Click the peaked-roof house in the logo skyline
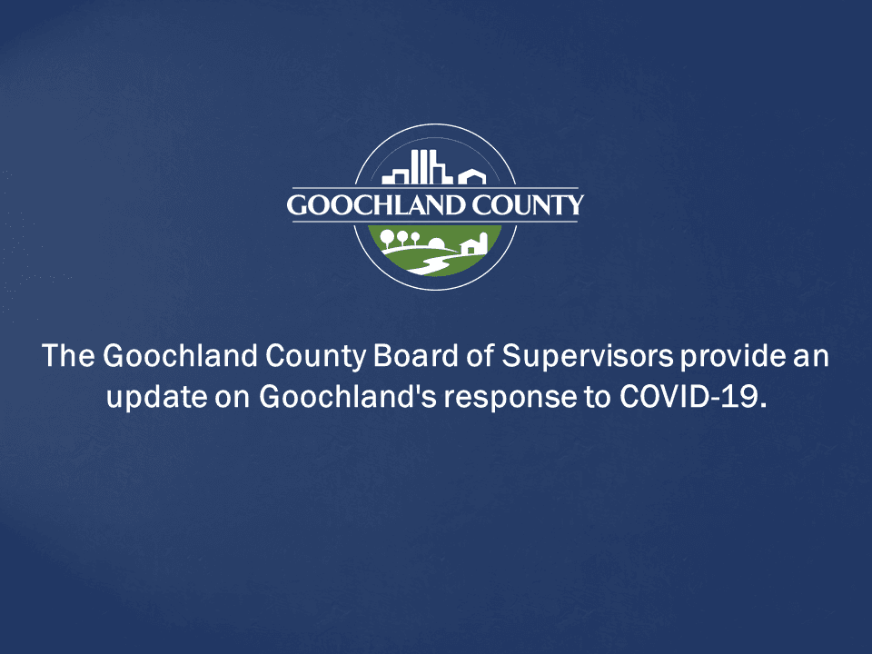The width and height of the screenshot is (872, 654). pos(471,176)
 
